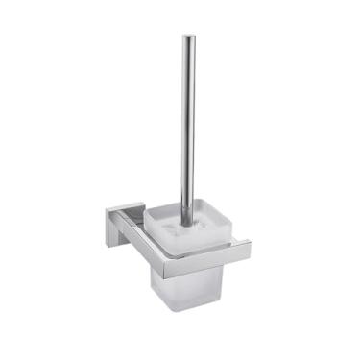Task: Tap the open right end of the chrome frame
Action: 248,246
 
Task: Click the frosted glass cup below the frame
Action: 186,288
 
